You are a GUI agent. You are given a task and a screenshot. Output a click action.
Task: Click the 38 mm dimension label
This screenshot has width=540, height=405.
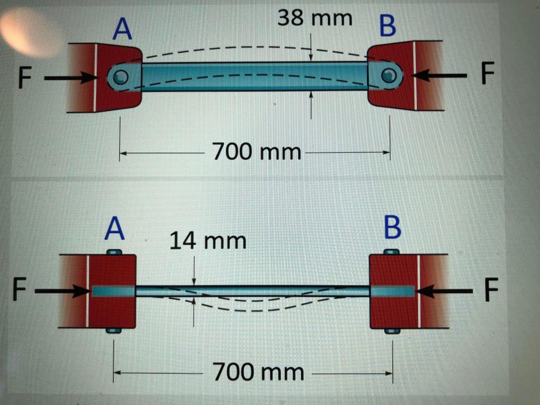pyautogui.click(x=315, y=19)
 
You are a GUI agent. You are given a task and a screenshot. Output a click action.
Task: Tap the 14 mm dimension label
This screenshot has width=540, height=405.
pyautogui.click(x=207, y=241)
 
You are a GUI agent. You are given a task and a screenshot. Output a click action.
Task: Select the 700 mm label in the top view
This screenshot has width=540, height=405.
pyautogui.click(x=256, y=152)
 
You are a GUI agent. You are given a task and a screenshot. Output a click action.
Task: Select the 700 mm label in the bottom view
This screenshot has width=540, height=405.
pyautogui.click(x=258, y=372)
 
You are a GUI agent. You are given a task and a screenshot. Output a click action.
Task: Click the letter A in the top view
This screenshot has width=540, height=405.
pyautogui.click(x=122, y=30)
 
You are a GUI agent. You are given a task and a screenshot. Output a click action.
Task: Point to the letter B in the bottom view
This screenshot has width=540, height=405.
pyautogui.click(x=393, y=227)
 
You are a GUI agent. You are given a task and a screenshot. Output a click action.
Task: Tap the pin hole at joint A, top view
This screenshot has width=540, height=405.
pyautogui.click(x=120, y=77)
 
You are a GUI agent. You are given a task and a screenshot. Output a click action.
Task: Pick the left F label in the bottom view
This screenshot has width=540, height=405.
pyautogui.click(x=20, y=291)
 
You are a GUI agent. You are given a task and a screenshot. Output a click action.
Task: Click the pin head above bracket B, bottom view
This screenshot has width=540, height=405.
pyautogui.click(x=391, y=252)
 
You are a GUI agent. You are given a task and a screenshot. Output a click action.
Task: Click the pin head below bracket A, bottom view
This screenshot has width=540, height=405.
pyautogui.click(x=113, y=331)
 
